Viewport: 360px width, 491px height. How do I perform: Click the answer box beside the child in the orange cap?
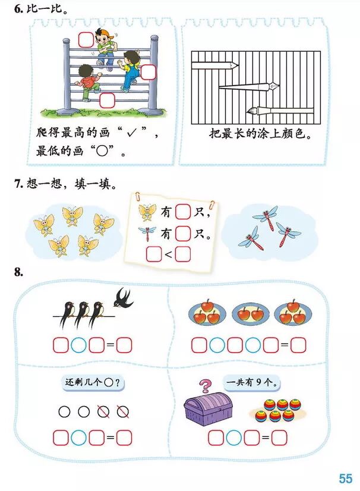pyautogui.click(x=86, y=40)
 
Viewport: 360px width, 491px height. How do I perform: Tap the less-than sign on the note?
pyautogui.click(x=168, y=255)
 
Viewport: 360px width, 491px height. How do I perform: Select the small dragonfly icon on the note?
pyautogui.click(x=147, y=232)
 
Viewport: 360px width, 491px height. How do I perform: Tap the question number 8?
pyautogui.click(x=18, y=273)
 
